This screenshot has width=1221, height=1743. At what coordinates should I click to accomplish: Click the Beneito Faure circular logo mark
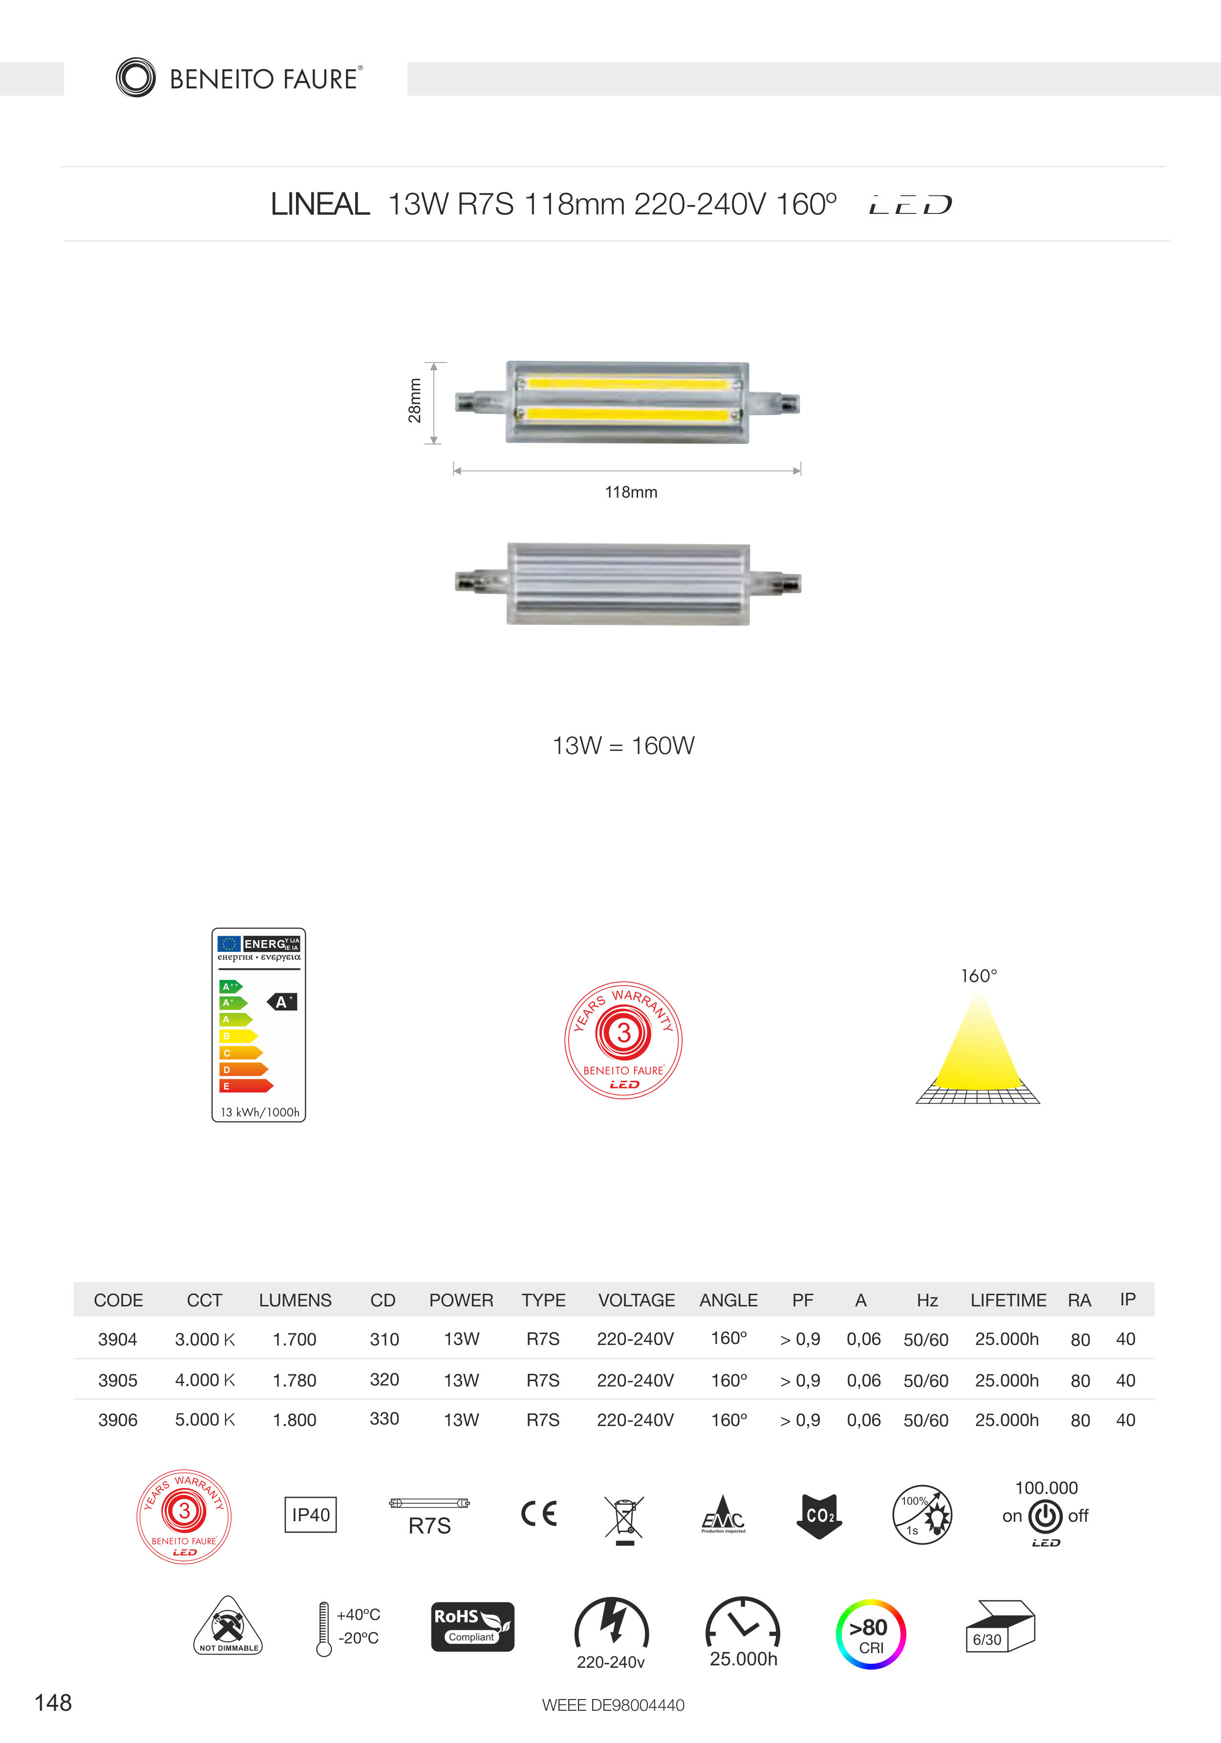(x=136, y=78)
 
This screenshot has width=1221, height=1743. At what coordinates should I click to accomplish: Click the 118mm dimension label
(x=631, y=492)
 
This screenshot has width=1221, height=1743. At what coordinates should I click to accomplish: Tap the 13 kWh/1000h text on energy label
(x=260, y=1112)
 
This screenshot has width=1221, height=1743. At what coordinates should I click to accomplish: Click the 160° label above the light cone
(x=979, y=975)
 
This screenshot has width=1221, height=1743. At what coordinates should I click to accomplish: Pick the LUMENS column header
(x=296, y=1301)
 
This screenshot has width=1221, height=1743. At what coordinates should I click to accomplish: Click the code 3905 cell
(x=118, y=1380)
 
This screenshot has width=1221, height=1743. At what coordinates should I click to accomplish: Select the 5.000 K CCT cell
(x=205, y=1420)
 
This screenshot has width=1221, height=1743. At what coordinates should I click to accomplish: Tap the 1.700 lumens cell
(x=295, y=1339)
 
